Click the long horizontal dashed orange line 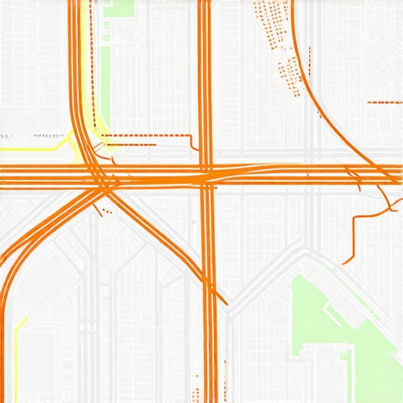[150, 135]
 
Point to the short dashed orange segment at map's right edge [385, 102]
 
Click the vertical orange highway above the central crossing [205, 79]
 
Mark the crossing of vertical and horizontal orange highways [206, 175]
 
